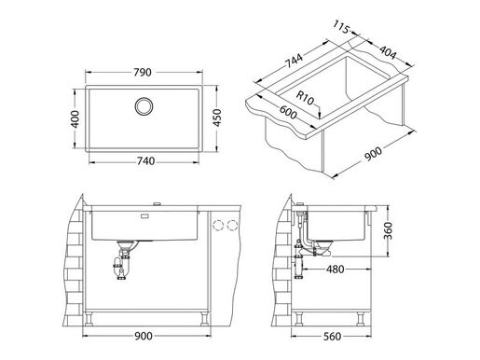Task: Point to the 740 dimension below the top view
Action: pyautogui.click(x=144, y=160)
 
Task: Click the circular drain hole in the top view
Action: pyautogui.click(x=145, y=105)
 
